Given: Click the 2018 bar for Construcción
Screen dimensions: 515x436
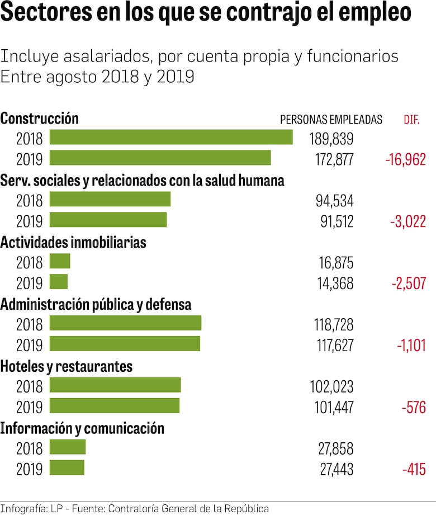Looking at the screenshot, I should pyautogui.click(x=171, y=138).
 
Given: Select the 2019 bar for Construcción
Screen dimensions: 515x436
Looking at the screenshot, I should pyautogui.click(x=160, y=158).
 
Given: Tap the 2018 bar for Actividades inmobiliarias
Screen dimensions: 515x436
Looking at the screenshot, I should pyautogui.click(x=60, y=262).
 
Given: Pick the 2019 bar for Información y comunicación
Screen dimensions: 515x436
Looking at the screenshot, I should pyautogui.click(x=67, y=467).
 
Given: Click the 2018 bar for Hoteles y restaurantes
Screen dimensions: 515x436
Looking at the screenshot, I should pyautogui.click(x=115, y=385).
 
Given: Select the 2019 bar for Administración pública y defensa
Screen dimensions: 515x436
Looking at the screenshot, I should pyautogui.click(x=125, y=344).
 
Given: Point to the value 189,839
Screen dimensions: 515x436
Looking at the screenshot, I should pyautogui.click(x=331, y=139).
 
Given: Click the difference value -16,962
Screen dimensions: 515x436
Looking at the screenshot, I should pyautogui.click(x=405, y=159).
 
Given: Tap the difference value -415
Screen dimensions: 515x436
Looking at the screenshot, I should pyautogui.click(x=414, y=469).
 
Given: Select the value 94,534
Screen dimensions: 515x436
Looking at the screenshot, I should pyautogui.click(x=334, y=201).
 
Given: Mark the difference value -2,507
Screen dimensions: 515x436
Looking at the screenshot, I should pyautogui.click(x=408, y=284).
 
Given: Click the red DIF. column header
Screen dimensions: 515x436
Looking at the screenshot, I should pyautogui.click(x=411, y=120).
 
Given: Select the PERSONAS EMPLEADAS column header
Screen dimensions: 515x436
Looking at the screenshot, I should pyautogui.click(x=331, y=120).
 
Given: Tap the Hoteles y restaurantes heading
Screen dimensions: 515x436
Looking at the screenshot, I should pyautogui.click(x=67, y=366).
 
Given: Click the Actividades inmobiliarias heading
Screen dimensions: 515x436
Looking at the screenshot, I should pyautogui.click(x=73, y=243).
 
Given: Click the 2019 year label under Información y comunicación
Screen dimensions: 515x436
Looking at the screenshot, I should pyautogui.click(x=29, y=469).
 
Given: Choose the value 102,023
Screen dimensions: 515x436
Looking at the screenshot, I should pyautogui.click(x=331, y=387).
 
